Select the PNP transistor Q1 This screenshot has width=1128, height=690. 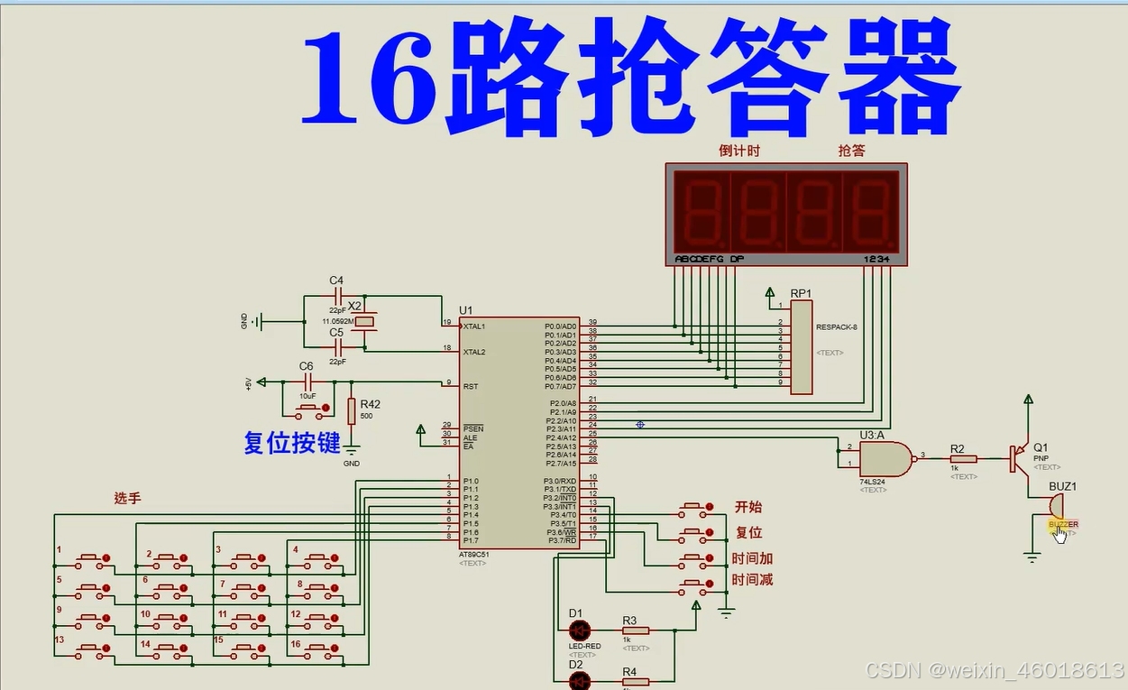[1019, 458]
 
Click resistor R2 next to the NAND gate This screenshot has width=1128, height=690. [963, 459]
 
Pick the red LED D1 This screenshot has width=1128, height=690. [580, 630]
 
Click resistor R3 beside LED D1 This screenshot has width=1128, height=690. [635, 630]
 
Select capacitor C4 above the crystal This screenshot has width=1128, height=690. [336, 296]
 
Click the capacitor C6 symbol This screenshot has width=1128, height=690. [307, 382]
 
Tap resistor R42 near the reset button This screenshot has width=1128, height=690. [352, 411]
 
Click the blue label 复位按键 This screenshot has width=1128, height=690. [291, 443]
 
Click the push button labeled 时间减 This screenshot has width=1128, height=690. [694, 587]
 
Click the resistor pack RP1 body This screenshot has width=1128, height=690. [802, 347]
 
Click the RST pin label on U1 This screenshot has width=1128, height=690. [470, 386]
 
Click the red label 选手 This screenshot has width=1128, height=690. [127, 497]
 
